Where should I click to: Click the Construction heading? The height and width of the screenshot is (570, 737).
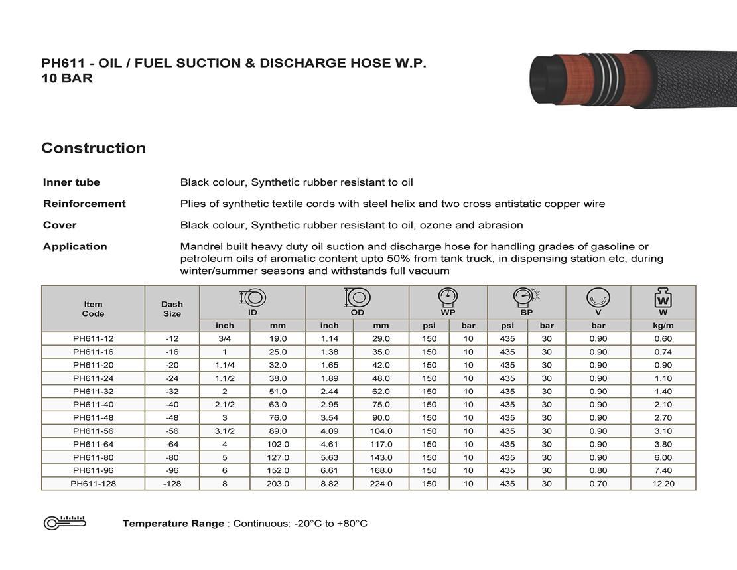[x=94, y=148]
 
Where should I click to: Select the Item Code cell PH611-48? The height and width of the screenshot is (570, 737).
[x=93, y=418]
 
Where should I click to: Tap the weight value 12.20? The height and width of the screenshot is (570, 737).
[x=663, y=484]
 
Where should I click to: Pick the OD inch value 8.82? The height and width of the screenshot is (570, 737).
[x=329, y=484]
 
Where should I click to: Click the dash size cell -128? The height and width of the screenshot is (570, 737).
[x=172, y=484]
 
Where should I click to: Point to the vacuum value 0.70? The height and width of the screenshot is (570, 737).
[x=598, y=484]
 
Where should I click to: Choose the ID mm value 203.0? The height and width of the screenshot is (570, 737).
[x=277, y=484]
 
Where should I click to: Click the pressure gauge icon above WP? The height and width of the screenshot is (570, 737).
[x=448, y=297]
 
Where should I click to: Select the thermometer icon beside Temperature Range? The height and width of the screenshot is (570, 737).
[x=65, y=522]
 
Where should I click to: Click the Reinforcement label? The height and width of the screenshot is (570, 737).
[x=84, y=204]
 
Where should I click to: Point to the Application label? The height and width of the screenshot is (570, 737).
[x=75, y=247]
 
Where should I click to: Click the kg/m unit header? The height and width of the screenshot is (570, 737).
[x=663, y=326]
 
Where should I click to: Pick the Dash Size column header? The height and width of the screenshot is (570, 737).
[x=172, y=309]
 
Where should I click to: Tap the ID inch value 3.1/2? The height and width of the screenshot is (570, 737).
[x=225, y=431]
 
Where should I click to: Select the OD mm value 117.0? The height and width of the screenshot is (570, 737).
[x=381, y=445]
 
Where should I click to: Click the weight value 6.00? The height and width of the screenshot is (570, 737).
[x=663, y=458]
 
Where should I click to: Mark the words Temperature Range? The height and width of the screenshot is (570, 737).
[x=173, y=524]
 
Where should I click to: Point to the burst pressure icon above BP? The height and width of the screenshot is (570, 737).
[x=527, y=297]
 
